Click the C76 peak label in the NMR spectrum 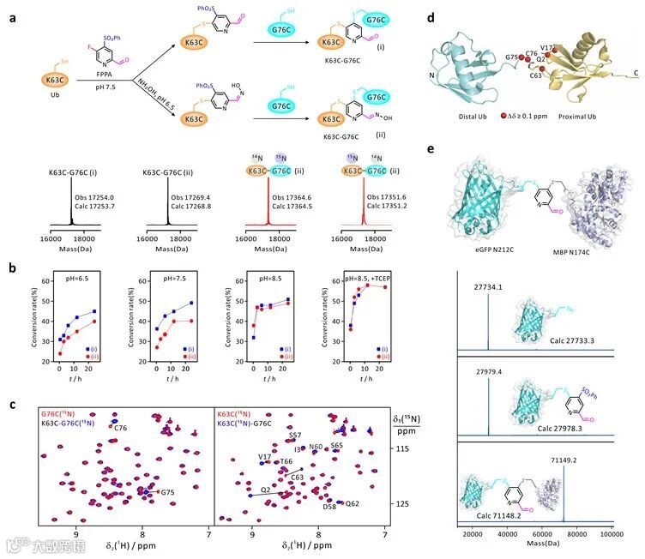point(122,427)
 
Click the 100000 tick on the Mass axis point(611,535)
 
